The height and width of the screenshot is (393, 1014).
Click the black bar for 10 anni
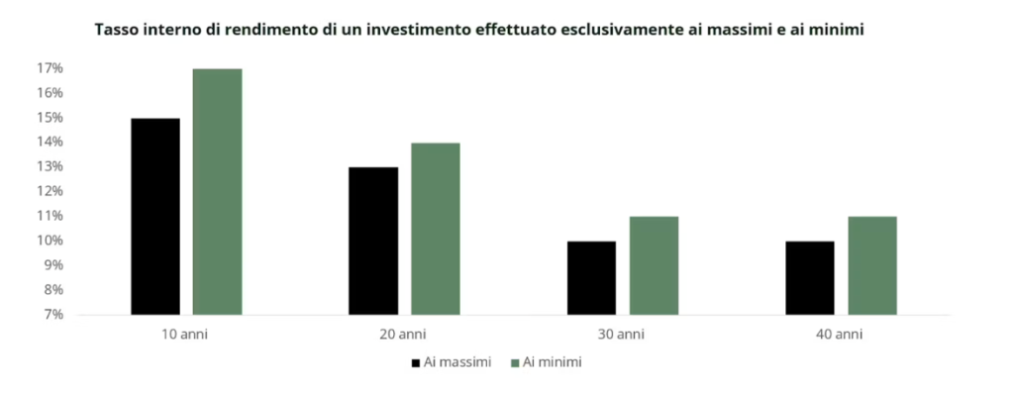point(155,217)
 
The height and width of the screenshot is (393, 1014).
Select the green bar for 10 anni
point(217,192)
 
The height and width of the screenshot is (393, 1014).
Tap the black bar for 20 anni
point(373,242)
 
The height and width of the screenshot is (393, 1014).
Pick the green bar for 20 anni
point(436,229)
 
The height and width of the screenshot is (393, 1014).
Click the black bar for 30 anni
point(592,278)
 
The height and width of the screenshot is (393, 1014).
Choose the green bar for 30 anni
point(654,265)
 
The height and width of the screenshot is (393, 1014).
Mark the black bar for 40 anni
point(810,278)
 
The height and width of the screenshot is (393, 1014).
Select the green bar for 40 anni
point(872,265)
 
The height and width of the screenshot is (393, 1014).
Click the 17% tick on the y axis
point(50,68)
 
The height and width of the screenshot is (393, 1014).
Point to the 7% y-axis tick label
point(52,315)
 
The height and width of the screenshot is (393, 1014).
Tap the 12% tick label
point(50,191)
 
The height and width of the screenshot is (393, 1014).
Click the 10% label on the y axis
point(50,241)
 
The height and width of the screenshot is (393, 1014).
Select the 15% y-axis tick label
point(50,118)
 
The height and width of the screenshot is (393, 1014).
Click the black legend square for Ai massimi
point(416,363)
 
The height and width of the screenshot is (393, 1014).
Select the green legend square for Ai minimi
point(515,363)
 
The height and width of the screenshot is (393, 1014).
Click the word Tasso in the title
point(113,31)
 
